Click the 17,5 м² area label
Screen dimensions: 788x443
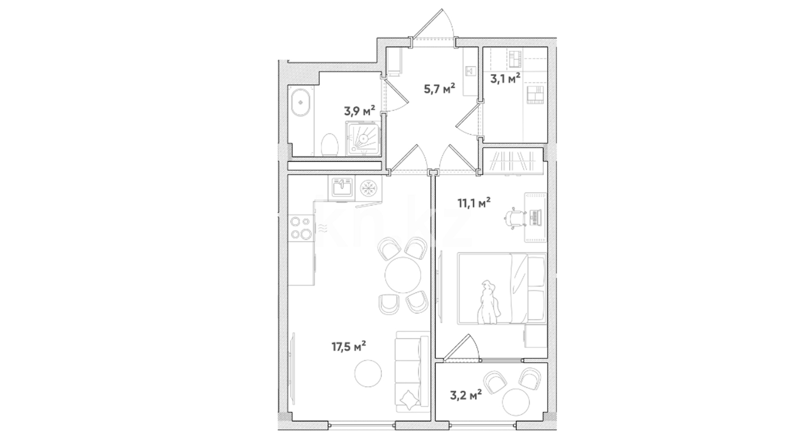tap(349, 347)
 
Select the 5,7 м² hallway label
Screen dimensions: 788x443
tap(440, 88)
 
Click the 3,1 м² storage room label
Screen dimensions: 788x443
tap(506, 78)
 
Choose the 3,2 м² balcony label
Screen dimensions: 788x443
tap(466, 396)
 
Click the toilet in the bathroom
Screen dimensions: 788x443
tap(329, 145)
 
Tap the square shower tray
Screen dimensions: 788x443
tap(363, 138)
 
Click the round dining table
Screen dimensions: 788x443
tap(403, 275)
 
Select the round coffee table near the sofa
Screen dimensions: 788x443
tap(368, 373)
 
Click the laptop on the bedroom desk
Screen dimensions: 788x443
tap(536, 217)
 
